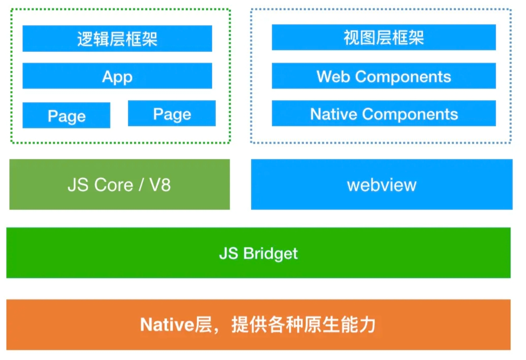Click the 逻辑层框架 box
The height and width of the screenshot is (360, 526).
117,39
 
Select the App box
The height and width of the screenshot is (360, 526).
117,76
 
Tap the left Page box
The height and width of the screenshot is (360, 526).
66,115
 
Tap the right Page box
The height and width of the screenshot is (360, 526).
172,113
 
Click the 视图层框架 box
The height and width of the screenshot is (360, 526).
384,37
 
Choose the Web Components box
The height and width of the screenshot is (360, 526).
384,76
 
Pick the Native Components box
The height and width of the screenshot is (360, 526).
384,113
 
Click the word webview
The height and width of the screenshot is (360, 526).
382,185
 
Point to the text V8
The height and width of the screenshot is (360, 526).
160,185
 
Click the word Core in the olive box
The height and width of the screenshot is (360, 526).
114,185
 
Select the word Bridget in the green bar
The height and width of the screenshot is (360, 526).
270,254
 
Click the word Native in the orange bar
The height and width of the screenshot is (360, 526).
167,325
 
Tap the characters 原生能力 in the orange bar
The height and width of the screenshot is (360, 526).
340,325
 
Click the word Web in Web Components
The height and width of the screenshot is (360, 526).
333,77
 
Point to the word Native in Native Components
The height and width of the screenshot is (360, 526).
334,114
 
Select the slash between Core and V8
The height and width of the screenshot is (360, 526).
141,185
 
